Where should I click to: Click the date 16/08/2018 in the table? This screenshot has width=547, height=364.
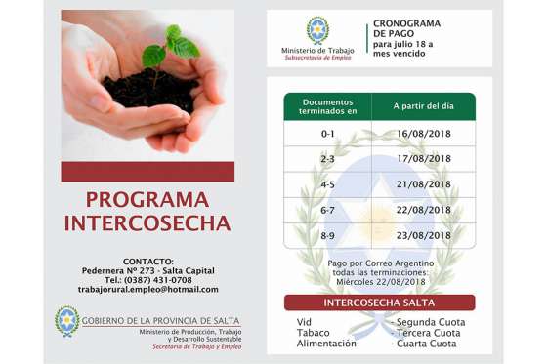click(x=424, y=133)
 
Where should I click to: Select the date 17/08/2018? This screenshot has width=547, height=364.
click(x=424, y=158)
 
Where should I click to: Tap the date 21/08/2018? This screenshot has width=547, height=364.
click(x=424, y=184)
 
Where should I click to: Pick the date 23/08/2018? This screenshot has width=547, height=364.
click(x=424, y=235)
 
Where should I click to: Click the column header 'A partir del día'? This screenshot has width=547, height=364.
click(x=424, y=105)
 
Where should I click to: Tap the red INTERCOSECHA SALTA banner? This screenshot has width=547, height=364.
click(x=379, y=303)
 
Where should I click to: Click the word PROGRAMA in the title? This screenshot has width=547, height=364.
click(x=147, y=200)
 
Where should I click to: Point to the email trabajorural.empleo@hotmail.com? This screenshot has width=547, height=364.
click(x=148, y=289)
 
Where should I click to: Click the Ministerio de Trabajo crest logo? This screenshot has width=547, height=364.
click(x=317, y=30)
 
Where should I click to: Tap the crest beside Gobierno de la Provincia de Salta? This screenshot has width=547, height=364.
click(x=66, y=321)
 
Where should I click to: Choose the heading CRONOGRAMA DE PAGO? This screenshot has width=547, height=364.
click(x=406, y=28)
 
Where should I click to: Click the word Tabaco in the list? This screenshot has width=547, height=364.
click(x=313, y=333)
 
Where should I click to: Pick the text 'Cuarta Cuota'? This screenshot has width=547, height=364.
click(x=427, y=344)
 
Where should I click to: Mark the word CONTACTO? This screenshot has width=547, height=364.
click(x=147, y=261)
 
